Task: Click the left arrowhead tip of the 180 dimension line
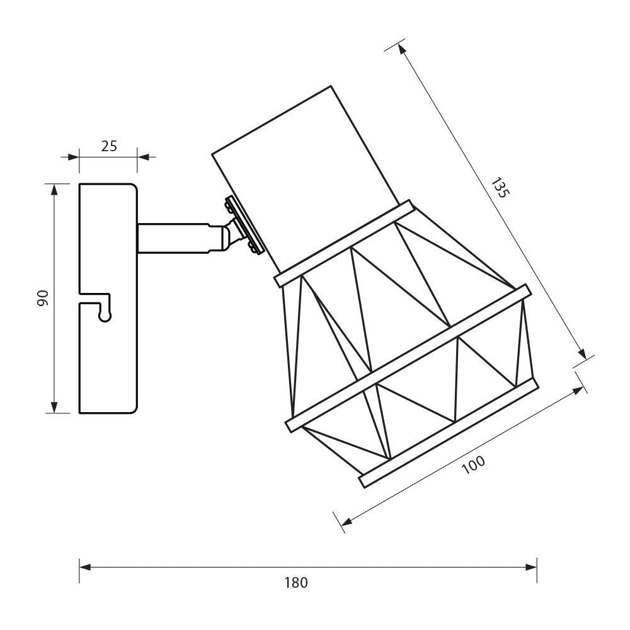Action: [79, 568]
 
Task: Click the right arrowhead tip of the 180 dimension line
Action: [537, 568]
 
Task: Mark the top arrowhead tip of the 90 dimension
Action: [54, 184]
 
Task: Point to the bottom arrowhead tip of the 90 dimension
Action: [54, 413]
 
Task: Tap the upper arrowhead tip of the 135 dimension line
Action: [399, 43]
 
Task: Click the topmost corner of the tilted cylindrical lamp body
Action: [331, 86]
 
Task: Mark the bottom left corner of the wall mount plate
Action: [79, 413]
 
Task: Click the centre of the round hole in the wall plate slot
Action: [105, 316]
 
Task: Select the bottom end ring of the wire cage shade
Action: [449, 433]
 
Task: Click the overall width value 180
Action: [296, 583]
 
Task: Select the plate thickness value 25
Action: [109, 146]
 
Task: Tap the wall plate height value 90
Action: [43, 298]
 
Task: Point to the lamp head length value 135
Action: [500, 187]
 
